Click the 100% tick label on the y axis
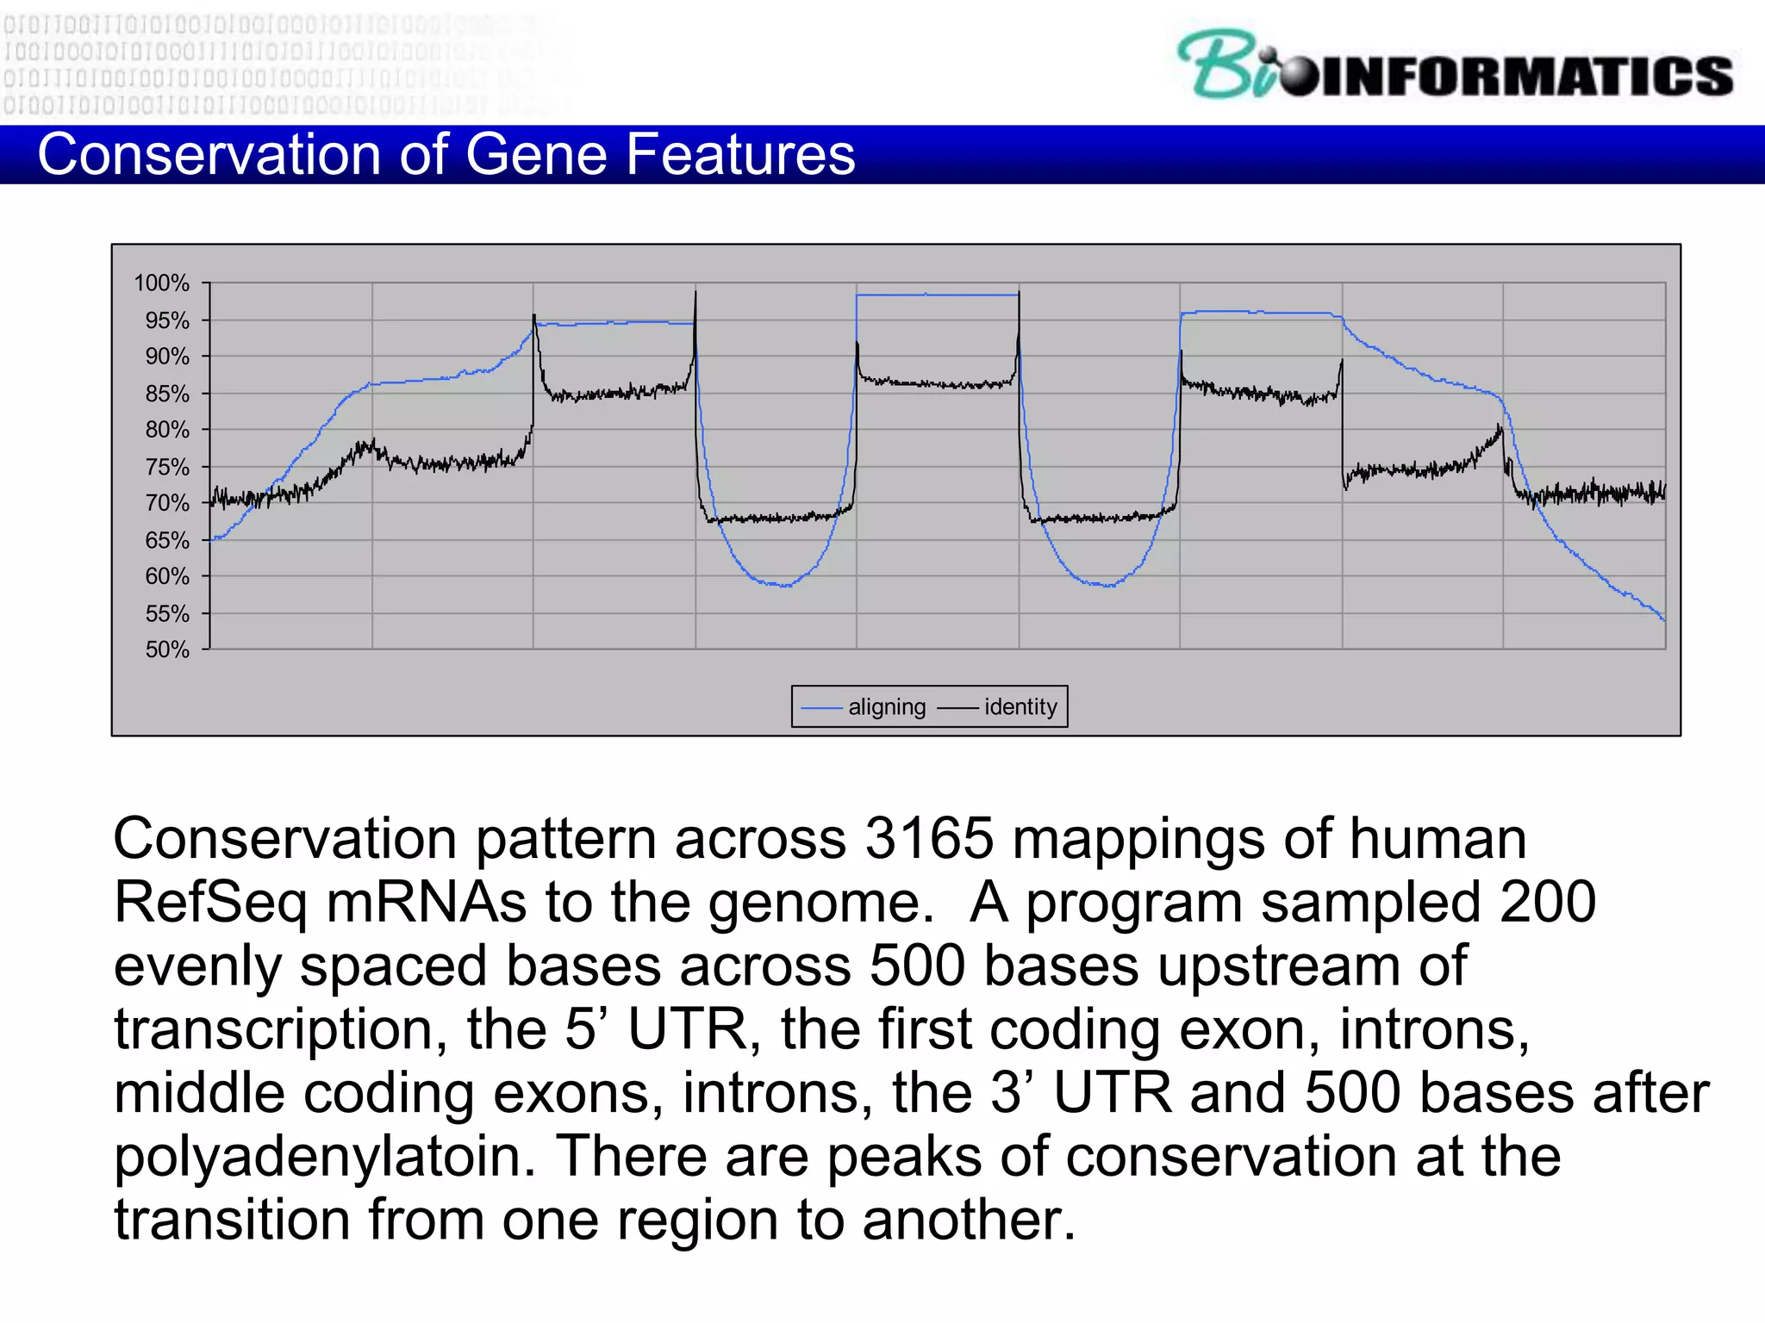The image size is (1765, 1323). point(161,283)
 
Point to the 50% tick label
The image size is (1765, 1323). point(167,649)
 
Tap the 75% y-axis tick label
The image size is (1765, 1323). point(167,467)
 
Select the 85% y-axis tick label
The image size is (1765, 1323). point(167,394)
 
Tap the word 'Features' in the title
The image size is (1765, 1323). point(739,155)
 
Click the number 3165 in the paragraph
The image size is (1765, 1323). point(929,838)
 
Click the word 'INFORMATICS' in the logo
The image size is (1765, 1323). point(1526,77)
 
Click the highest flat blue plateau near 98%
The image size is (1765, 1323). point(938,295)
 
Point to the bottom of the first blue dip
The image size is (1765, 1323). point(784,586)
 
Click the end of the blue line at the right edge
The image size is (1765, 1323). point(1663,619)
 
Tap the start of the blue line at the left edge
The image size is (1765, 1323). point(213,539)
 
